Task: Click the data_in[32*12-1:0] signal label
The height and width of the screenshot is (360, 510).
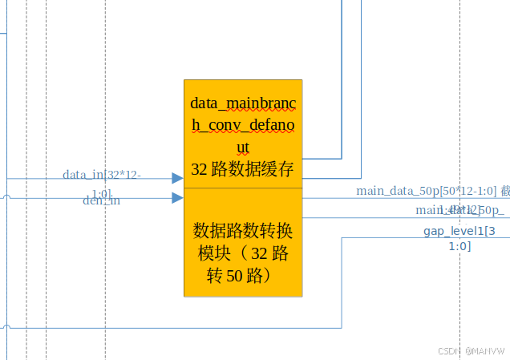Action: tap(102, 175)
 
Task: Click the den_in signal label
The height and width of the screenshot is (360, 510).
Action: tap(102, 200)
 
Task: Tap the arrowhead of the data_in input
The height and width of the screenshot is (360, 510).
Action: tap(177, 178)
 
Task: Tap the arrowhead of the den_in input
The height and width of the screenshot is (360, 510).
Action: tap(177, 197)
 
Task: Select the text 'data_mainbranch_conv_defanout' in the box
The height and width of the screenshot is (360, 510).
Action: tap(243, 125)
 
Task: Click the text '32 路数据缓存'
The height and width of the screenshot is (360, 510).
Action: tap(243, 169)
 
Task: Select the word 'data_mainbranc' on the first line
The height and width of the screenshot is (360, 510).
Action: tap(243, 103)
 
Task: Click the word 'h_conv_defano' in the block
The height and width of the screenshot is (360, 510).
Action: tap(243, 125)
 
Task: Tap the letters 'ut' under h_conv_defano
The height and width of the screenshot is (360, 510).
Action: tap(243, 147)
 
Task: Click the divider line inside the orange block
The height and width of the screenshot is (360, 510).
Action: tap(243, 188)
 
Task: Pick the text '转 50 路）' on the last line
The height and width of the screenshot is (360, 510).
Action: tap(243, 276)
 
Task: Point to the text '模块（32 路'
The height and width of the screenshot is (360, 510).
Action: tap(243, 253)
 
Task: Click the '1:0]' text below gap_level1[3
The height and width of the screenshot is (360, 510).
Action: tap(459, 246)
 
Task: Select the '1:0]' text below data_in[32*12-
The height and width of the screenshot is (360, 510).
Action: tap(101, 193)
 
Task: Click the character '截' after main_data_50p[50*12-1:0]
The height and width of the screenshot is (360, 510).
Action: tap(505, 191)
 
